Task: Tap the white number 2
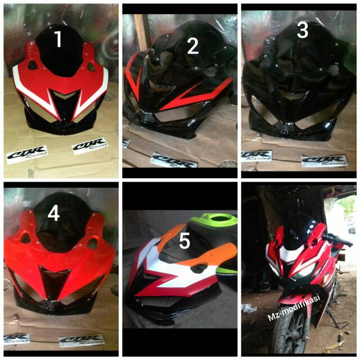[193, 47]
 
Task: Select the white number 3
[303, 30]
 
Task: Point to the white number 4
[53, 214]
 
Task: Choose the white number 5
[184, 241]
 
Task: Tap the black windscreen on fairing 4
[62, 225]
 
